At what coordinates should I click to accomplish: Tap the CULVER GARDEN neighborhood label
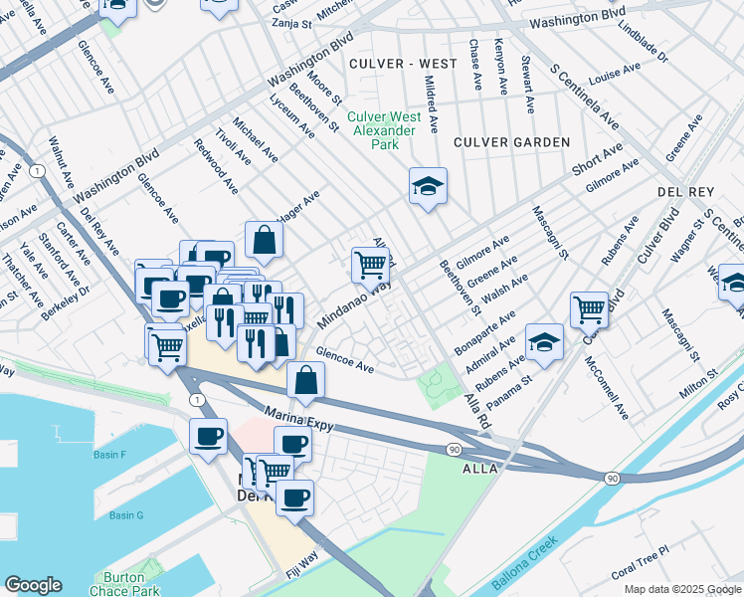tap(511, 142)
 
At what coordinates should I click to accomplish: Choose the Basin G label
tap(126, 514)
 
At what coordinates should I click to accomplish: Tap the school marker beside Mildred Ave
tap(428, 186)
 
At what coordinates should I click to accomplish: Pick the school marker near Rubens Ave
tap(544, 342)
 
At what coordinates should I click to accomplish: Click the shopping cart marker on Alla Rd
tap(370, 265)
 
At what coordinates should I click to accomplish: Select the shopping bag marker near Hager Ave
tap(264, 239)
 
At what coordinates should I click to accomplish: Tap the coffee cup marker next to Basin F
tap(209, 437)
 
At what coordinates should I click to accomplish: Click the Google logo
tap(33, 585)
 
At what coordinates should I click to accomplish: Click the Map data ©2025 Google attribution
tap(682, 589)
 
